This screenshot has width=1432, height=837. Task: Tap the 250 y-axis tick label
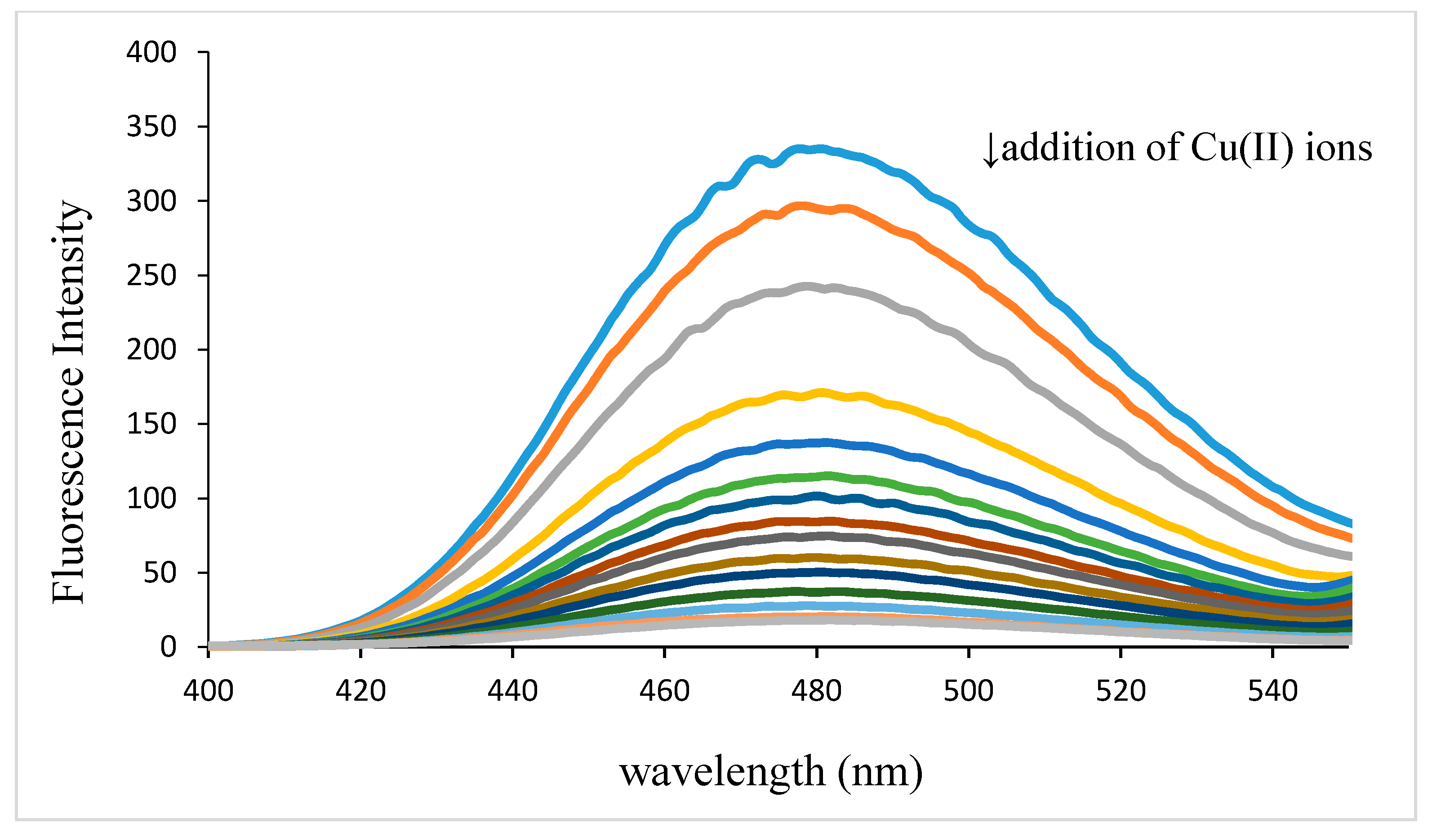tap(151, 276)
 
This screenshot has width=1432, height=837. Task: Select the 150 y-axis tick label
tap(151, 424)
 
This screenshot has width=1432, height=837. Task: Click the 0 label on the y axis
tap(168, 647)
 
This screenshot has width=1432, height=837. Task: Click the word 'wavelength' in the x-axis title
tap(722, 772)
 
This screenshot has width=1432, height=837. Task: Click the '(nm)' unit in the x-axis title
tap(880, 772)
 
